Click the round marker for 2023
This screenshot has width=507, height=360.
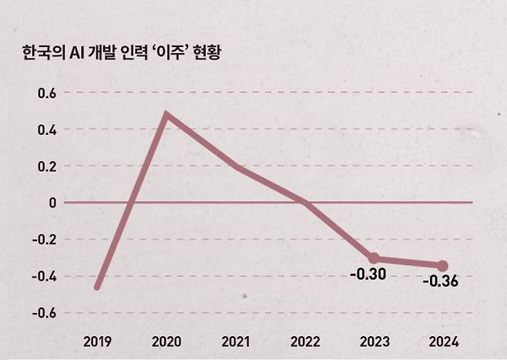pos(374,258)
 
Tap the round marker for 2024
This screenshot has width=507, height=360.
pos(442,266)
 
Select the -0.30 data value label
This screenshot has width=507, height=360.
pos(368,274)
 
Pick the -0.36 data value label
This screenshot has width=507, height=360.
pos(440,281)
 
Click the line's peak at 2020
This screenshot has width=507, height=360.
pos(166,115)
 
